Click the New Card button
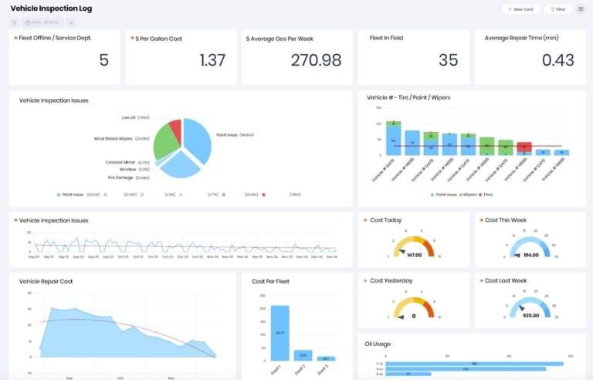[520, 9]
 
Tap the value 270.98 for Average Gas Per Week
[316, 60]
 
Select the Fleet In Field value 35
[448, 60]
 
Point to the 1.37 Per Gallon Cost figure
[212, 60]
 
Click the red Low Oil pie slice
[175, 127]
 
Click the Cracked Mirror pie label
[120, 162]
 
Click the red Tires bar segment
[524, 146]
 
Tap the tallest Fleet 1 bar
[280, 332]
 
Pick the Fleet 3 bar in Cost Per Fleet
[326, 358]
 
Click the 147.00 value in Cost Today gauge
[414, 254]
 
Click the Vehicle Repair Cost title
[47, 281]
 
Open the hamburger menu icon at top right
[581, 9]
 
